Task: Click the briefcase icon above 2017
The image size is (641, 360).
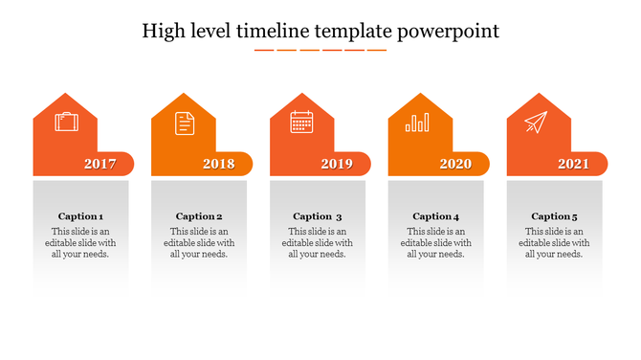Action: (66, 123)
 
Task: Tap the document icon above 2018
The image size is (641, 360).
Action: (184, 123)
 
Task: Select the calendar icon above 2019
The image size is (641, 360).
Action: (302, 123)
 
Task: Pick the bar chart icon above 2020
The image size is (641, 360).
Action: (417, 123)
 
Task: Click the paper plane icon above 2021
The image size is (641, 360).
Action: (536, 123)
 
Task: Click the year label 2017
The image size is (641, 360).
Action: (99, 164)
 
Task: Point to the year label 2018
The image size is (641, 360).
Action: (218, 164)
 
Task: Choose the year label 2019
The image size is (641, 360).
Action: (337, 164)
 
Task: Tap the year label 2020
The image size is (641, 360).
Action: (455, 164)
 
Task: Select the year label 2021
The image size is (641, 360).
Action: (573, 164)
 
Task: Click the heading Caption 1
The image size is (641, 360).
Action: (81, 216)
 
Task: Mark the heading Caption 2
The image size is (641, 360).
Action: (199, 216)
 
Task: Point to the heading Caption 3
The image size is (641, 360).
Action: (318, 216)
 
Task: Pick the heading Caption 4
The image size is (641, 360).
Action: (436, 216)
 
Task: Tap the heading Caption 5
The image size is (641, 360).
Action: (555, 216)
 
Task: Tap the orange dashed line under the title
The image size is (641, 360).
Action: (320, 50)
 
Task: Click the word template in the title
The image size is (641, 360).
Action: (359, 32)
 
